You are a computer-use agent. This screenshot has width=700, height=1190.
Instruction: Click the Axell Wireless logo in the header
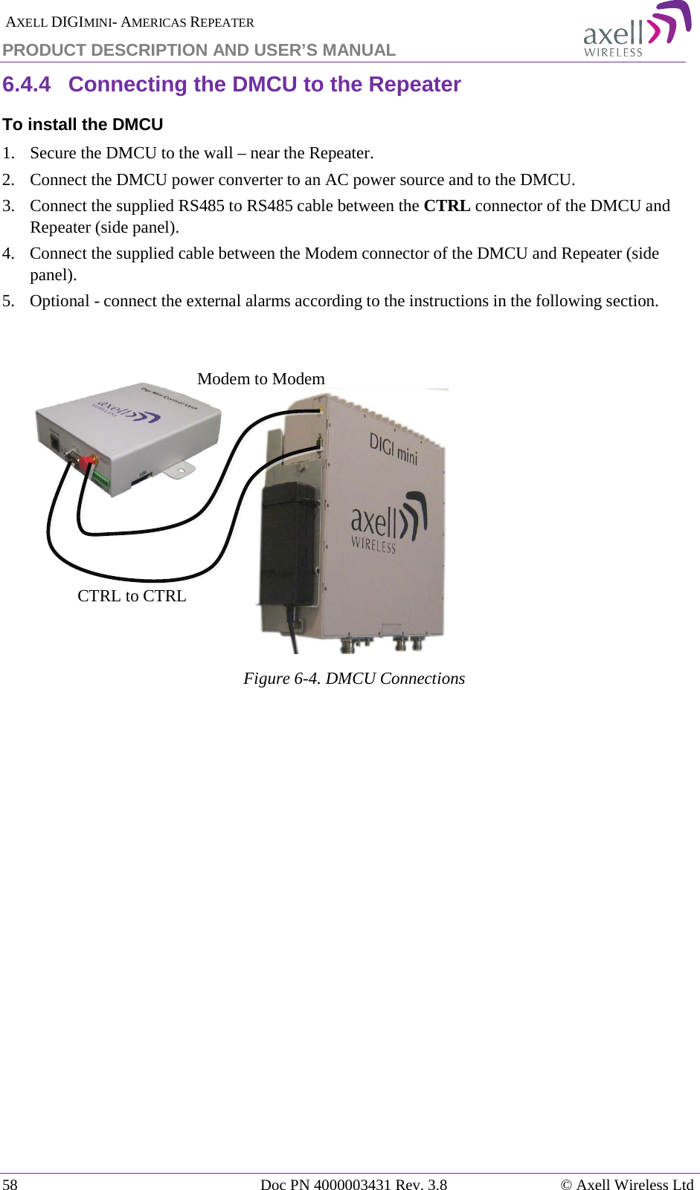point(636,30)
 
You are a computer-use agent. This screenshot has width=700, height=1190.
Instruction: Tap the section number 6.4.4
point(26,85)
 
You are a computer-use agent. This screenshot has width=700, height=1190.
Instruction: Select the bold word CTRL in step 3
point(446,206)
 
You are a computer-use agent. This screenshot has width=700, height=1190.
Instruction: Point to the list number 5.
point(8,301)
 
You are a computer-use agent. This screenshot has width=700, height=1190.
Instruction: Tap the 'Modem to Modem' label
point(261,379)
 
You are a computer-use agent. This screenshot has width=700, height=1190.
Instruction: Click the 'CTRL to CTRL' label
point(132,596)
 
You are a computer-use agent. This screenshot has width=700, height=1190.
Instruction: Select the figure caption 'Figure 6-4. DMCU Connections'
point(354,679)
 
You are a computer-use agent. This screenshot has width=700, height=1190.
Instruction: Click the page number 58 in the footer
point(10,1184)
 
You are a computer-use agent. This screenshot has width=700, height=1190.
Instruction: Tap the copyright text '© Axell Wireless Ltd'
point(626,1184)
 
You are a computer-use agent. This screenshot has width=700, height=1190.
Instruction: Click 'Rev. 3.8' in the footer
point(421,1184)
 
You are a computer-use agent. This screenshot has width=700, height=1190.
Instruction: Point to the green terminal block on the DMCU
point(100,482)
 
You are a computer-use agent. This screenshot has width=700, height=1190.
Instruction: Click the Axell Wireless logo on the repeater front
point(387,524)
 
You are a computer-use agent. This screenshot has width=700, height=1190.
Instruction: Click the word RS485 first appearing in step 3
point(201,206)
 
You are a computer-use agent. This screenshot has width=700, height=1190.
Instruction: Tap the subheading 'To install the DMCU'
point(83,125)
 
